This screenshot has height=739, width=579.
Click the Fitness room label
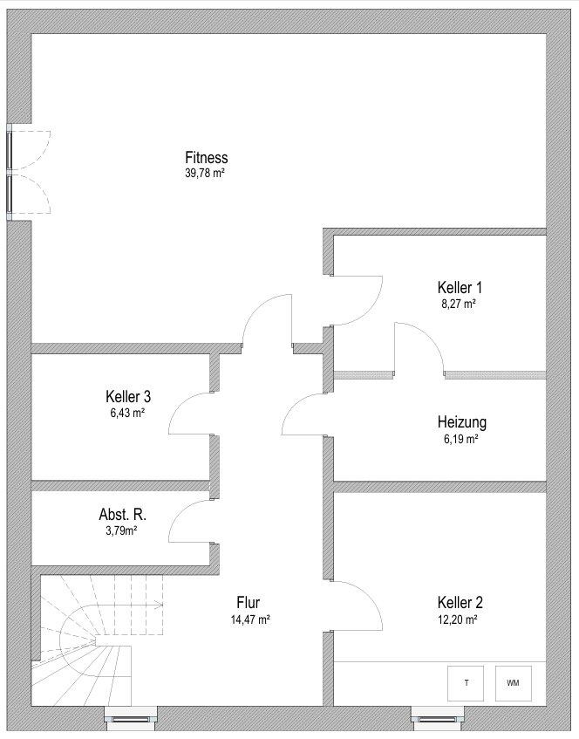pyautogui.click(x=207, y=157)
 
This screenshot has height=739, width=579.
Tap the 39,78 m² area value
pyautogui.click(x=204, y=173)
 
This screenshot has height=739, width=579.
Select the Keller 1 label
pyautogui.click(x=460, y=287)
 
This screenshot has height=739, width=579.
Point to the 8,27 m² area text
pyautogui.click(x=458, y=304)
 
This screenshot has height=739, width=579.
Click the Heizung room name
pyautogui.click(x=461, y=422)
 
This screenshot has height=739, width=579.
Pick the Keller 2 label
pyautogui.click(x=460, y=602)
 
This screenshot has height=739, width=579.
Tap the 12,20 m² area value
pyautogui.click(x=458, y=619)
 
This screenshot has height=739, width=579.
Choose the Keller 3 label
pyautogui.click(x=128, y=396)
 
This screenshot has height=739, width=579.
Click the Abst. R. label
pyautogui.click(x=122, y=514)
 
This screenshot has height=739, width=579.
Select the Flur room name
pyautogui.click(x=249, y=602)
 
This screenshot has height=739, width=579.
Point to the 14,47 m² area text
pyautogui.click(x=250, y=619)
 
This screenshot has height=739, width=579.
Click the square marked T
pyautogui.click(x=466, y=683)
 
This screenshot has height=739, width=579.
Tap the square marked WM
pyautogui.click(x=514, y=683)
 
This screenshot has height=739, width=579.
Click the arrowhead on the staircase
pyautogui.click(x=160, y=605)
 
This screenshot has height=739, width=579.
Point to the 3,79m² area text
pyautogui.click(x=121, y=531)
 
